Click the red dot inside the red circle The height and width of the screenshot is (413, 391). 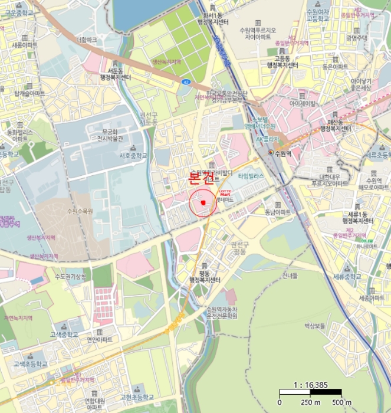[202, 203]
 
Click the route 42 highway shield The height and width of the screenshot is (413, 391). [186, 82]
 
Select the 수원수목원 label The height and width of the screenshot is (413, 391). [80, 211]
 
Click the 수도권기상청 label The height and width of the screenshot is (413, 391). [70, 277]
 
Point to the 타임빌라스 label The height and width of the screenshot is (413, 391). [251, 176]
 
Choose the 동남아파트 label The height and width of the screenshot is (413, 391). [278, 212]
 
